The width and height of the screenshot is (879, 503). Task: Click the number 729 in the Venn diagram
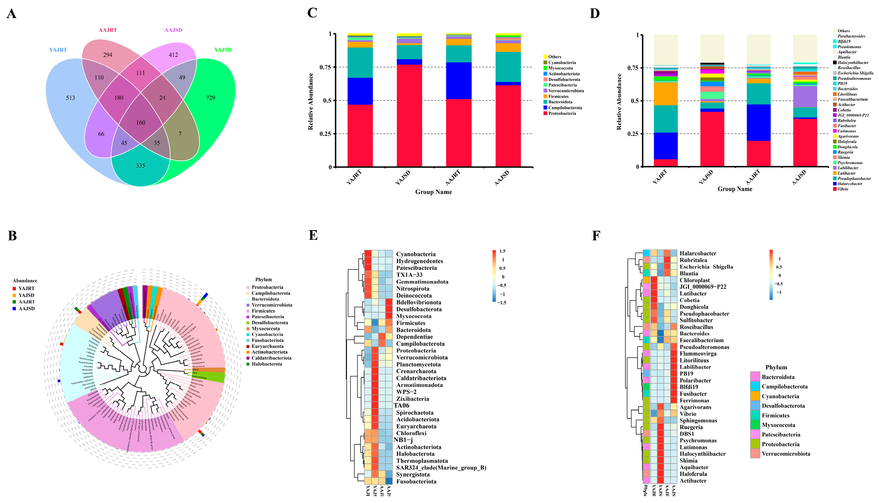tap(210, 98)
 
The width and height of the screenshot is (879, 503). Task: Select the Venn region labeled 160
tap(141, 123)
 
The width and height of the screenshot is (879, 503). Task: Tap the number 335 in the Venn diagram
tap(140, 166)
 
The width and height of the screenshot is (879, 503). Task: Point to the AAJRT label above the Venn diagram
tap(108, 30)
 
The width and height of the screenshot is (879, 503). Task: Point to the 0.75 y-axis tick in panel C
tap(325, 67)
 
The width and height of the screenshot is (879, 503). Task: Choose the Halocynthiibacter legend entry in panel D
tap(853, 63)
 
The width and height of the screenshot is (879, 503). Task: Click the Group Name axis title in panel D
tap(735, 189)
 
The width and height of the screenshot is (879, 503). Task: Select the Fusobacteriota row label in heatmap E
tap(416, 481)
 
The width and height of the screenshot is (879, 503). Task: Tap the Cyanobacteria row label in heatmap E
tap(416, 254)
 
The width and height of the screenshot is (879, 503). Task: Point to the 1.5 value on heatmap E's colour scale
tap(502, 251)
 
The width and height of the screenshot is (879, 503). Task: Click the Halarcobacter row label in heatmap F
tap(698, 253)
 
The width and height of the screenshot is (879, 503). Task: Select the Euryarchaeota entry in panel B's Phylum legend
tap(267, 346)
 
